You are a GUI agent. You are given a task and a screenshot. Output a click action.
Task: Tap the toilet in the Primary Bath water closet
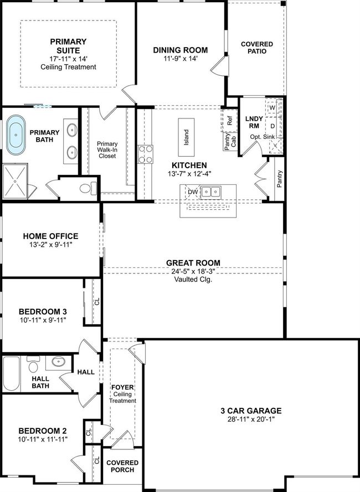coord(88,188)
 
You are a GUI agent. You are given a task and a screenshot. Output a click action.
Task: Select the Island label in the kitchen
coord(186,137)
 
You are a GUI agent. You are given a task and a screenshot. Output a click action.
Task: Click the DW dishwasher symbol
coord(193,192)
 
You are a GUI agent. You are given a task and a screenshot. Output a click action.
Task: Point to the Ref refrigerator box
coord(230,121)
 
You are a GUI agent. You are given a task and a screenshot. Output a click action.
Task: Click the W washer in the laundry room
coord(272,107)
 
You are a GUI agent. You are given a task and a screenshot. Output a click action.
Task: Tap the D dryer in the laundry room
coord(272,126)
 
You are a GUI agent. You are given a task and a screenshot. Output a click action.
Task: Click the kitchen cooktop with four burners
coord(146,154)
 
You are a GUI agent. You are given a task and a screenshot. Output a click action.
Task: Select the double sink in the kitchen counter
coord(210,191)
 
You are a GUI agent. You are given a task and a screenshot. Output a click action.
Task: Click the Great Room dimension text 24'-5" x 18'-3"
coord(193,271)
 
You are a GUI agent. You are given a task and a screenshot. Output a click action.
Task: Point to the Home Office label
coord(50,236)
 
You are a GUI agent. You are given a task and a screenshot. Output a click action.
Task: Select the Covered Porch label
coord(122,467)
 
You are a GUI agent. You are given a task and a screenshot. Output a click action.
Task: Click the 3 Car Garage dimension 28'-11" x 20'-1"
coord(251,419)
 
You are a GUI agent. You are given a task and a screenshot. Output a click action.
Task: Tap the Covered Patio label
coord(257,48)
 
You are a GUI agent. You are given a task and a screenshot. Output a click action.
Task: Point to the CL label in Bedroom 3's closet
coord(97,302)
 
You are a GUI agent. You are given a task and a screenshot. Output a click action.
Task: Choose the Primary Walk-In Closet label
coord(107,149)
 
